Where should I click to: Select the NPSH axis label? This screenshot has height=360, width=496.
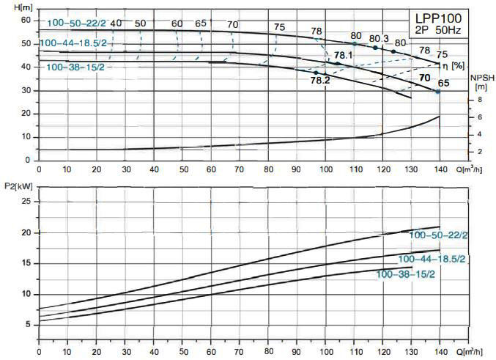[480, 77]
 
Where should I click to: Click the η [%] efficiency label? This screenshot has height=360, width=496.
[458, 65]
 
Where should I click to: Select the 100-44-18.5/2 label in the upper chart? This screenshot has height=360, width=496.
[73, 43]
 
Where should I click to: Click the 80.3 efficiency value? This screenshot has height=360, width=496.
[379, 38]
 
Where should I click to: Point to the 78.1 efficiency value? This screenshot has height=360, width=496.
[344, 55]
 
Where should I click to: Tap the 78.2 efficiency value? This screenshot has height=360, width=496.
[320, 81]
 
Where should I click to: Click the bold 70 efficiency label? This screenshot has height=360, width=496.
[424, 77]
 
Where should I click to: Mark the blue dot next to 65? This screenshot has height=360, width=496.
[438, 92]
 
